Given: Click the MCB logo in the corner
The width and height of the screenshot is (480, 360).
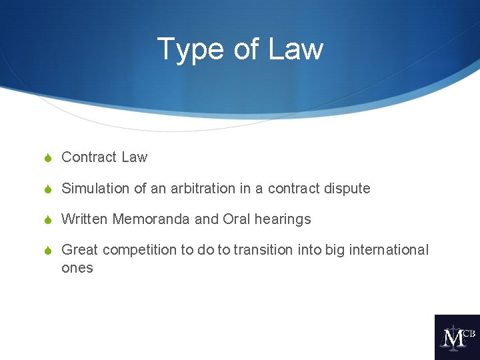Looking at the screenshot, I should (x=457, y=337).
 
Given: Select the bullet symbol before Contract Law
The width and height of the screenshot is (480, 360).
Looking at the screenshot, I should (x=47, y=158).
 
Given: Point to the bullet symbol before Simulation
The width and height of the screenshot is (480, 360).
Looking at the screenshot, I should (x=47, y=189).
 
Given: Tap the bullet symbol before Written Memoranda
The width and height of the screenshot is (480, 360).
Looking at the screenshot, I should (x=47, y=219).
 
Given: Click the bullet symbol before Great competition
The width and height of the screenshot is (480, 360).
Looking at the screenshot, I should (x=47, y=251).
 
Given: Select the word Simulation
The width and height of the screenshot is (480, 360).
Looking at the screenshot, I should (x=96, y=189).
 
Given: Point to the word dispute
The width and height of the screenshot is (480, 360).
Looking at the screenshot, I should (x=347, y=189).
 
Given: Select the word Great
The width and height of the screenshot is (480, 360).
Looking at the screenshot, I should (x=79, y=250).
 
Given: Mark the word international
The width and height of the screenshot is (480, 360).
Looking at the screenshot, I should (x=389, y=250).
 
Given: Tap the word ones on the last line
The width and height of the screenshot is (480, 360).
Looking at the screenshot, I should (x=77, y=269).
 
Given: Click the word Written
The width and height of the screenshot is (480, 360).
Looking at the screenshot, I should (x=85, y=219).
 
